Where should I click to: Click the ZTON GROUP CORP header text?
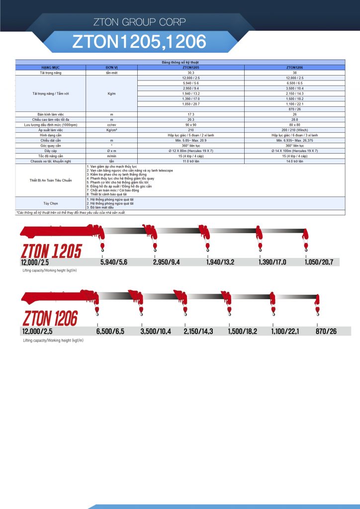(x=140, y=22)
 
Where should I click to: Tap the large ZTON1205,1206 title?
(x=139, y=42)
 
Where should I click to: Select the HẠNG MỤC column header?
(x=51, y=66)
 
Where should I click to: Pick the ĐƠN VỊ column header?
(x=111, y=66)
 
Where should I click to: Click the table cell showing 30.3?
(x=191, y=73)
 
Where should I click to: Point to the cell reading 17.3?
(x=191, y=115)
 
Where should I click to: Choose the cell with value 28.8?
(x=294, y=119)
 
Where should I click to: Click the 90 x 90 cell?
(x=191, y=124)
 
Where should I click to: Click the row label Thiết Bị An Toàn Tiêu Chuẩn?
(x=51, y=180)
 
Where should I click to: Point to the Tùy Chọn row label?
(x=51, y=203)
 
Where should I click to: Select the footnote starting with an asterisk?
(x=71, y=212)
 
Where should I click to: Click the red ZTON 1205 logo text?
(x=51, y=251)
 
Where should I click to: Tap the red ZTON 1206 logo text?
(x=50, y=318)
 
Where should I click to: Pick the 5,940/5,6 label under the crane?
(x=114, y=262)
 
